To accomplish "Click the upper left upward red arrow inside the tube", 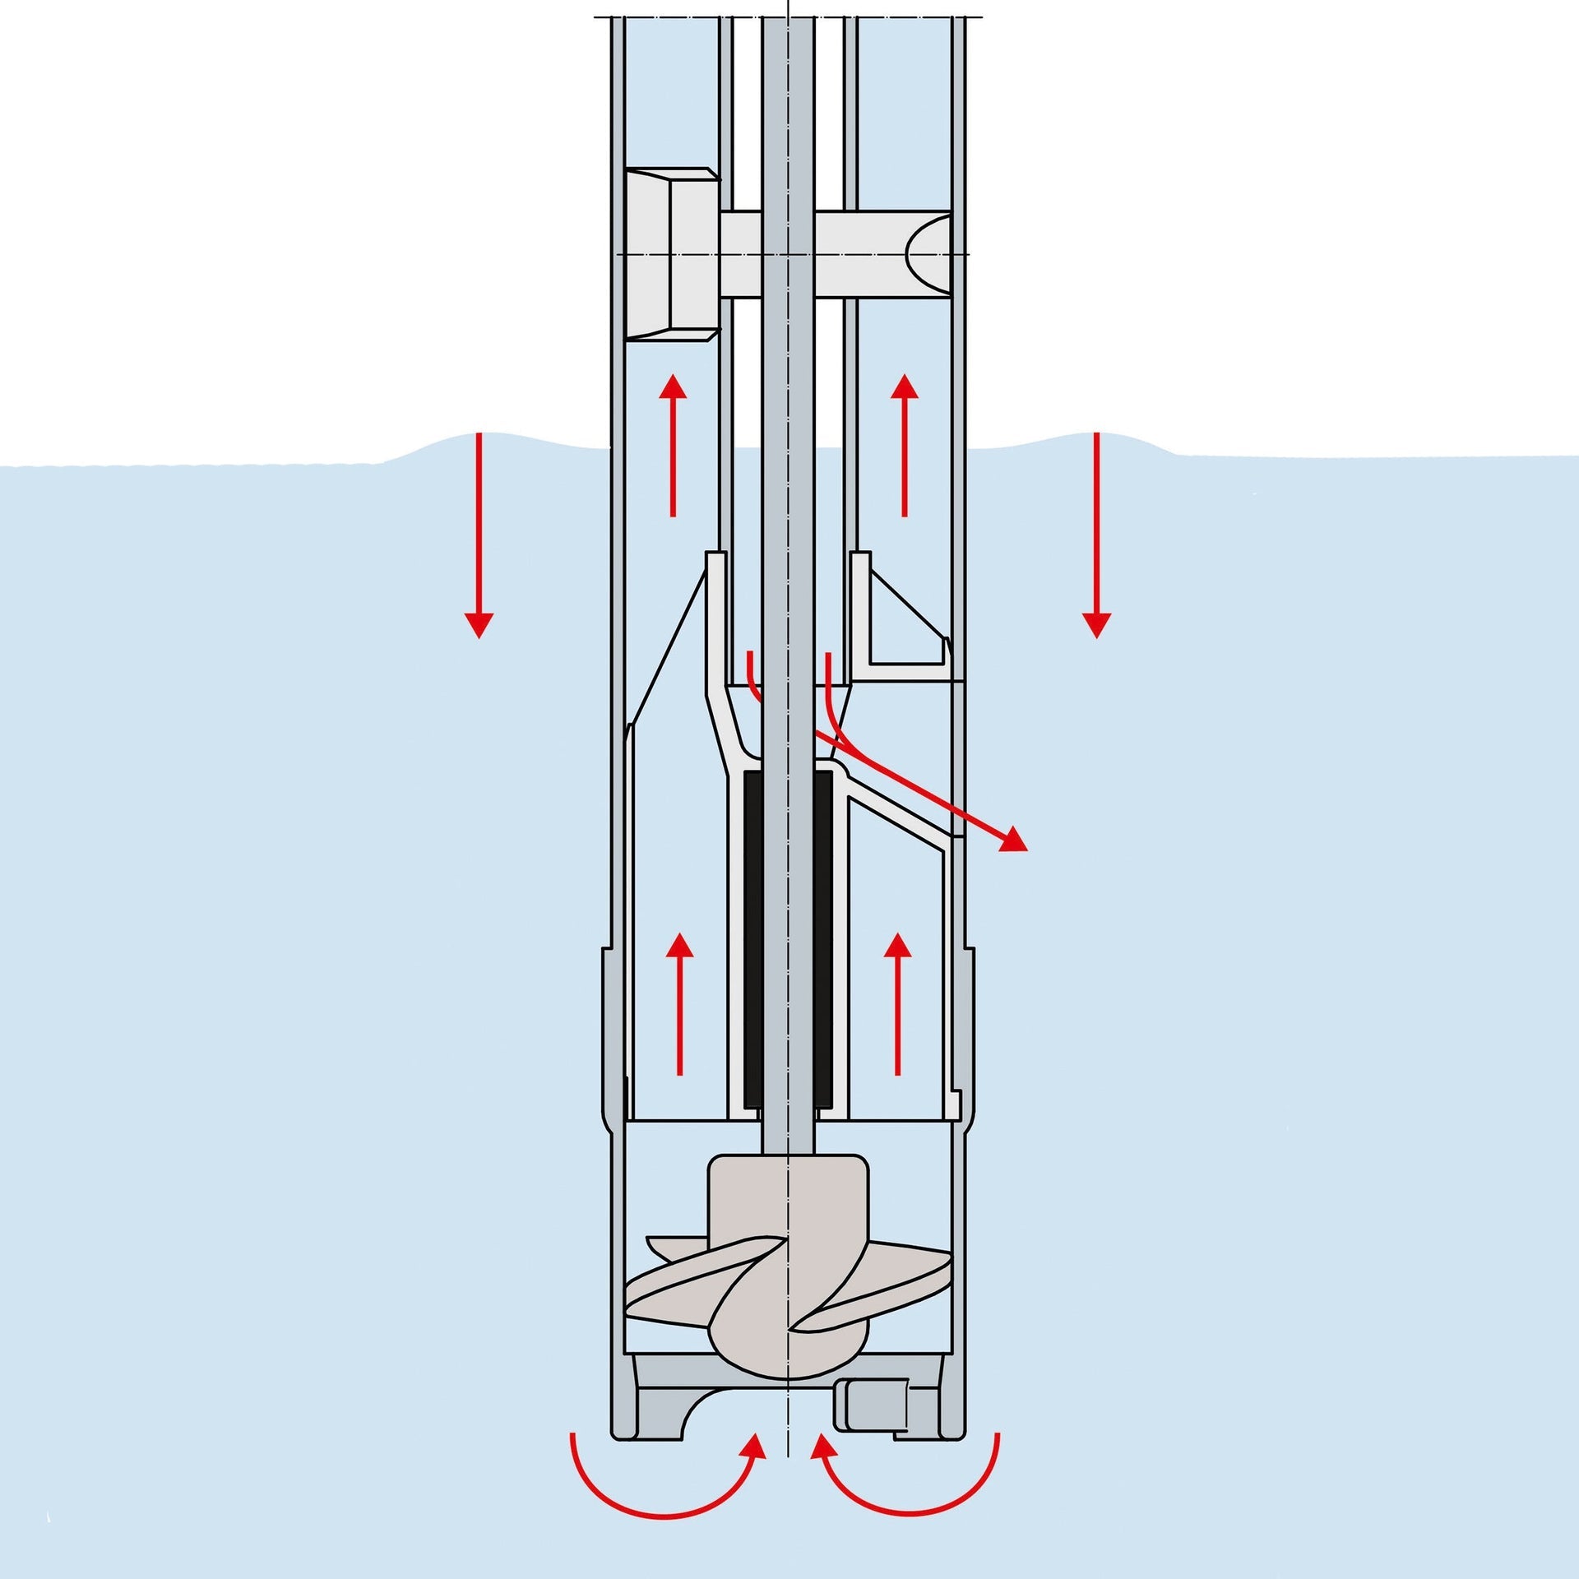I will pos(674,444).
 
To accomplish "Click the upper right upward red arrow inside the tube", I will pos(905,444).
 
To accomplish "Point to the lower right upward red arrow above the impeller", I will pos(896,1003).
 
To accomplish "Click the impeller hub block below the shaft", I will pos(788,1201).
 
